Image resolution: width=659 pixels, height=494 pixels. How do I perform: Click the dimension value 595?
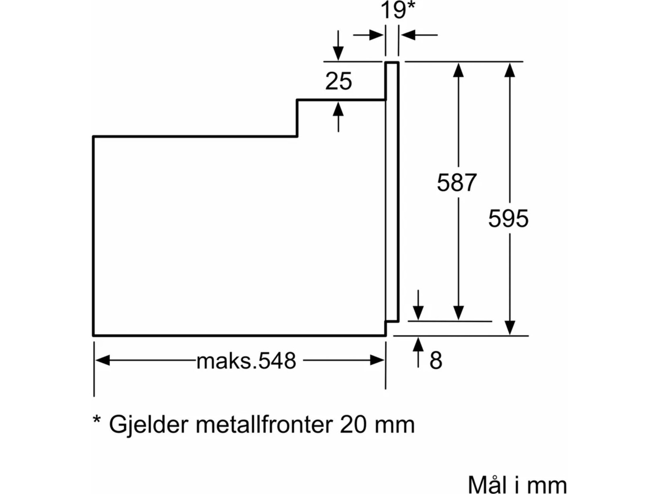[x=508, y=219]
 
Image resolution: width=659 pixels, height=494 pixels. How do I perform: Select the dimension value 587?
[x=457, y=182]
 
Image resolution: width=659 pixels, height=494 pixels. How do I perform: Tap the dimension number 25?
[x=339, y=81]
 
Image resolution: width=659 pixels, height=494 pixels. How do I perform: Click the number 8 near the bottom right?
[x=436, y=361]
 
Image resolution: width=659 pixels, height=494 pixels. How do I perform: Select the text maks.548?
[x=246, y=361]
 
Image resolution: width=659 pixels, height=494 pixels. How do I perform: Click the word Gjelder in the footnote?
[x=148, y=424]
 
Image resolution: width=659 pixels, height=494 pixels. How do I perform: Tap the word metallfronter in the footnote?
[x=264, y=424]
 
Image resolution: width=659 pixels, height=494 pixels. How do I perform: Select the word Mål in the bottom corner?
[x=486, y=485]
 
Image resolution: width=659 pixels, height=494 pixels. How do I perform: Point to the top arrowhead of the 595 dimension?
[x=510, y=70]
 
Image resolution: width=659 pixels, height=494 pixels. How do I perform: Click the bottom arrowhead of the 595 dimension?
[x=510, y=328]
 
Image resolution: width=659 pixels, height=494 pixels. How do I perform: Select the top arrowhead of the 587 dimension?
[x=458, y=70]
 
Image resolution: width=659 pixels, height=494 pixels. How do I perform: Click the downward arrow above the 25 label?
[x=338, y=51]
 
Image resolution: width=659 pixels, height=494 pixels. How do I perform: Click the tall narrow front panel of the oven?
[x=392, y=191]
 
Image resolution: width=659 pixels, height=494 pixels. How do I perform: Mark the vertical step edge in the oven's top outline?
[x=297, y=118]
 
